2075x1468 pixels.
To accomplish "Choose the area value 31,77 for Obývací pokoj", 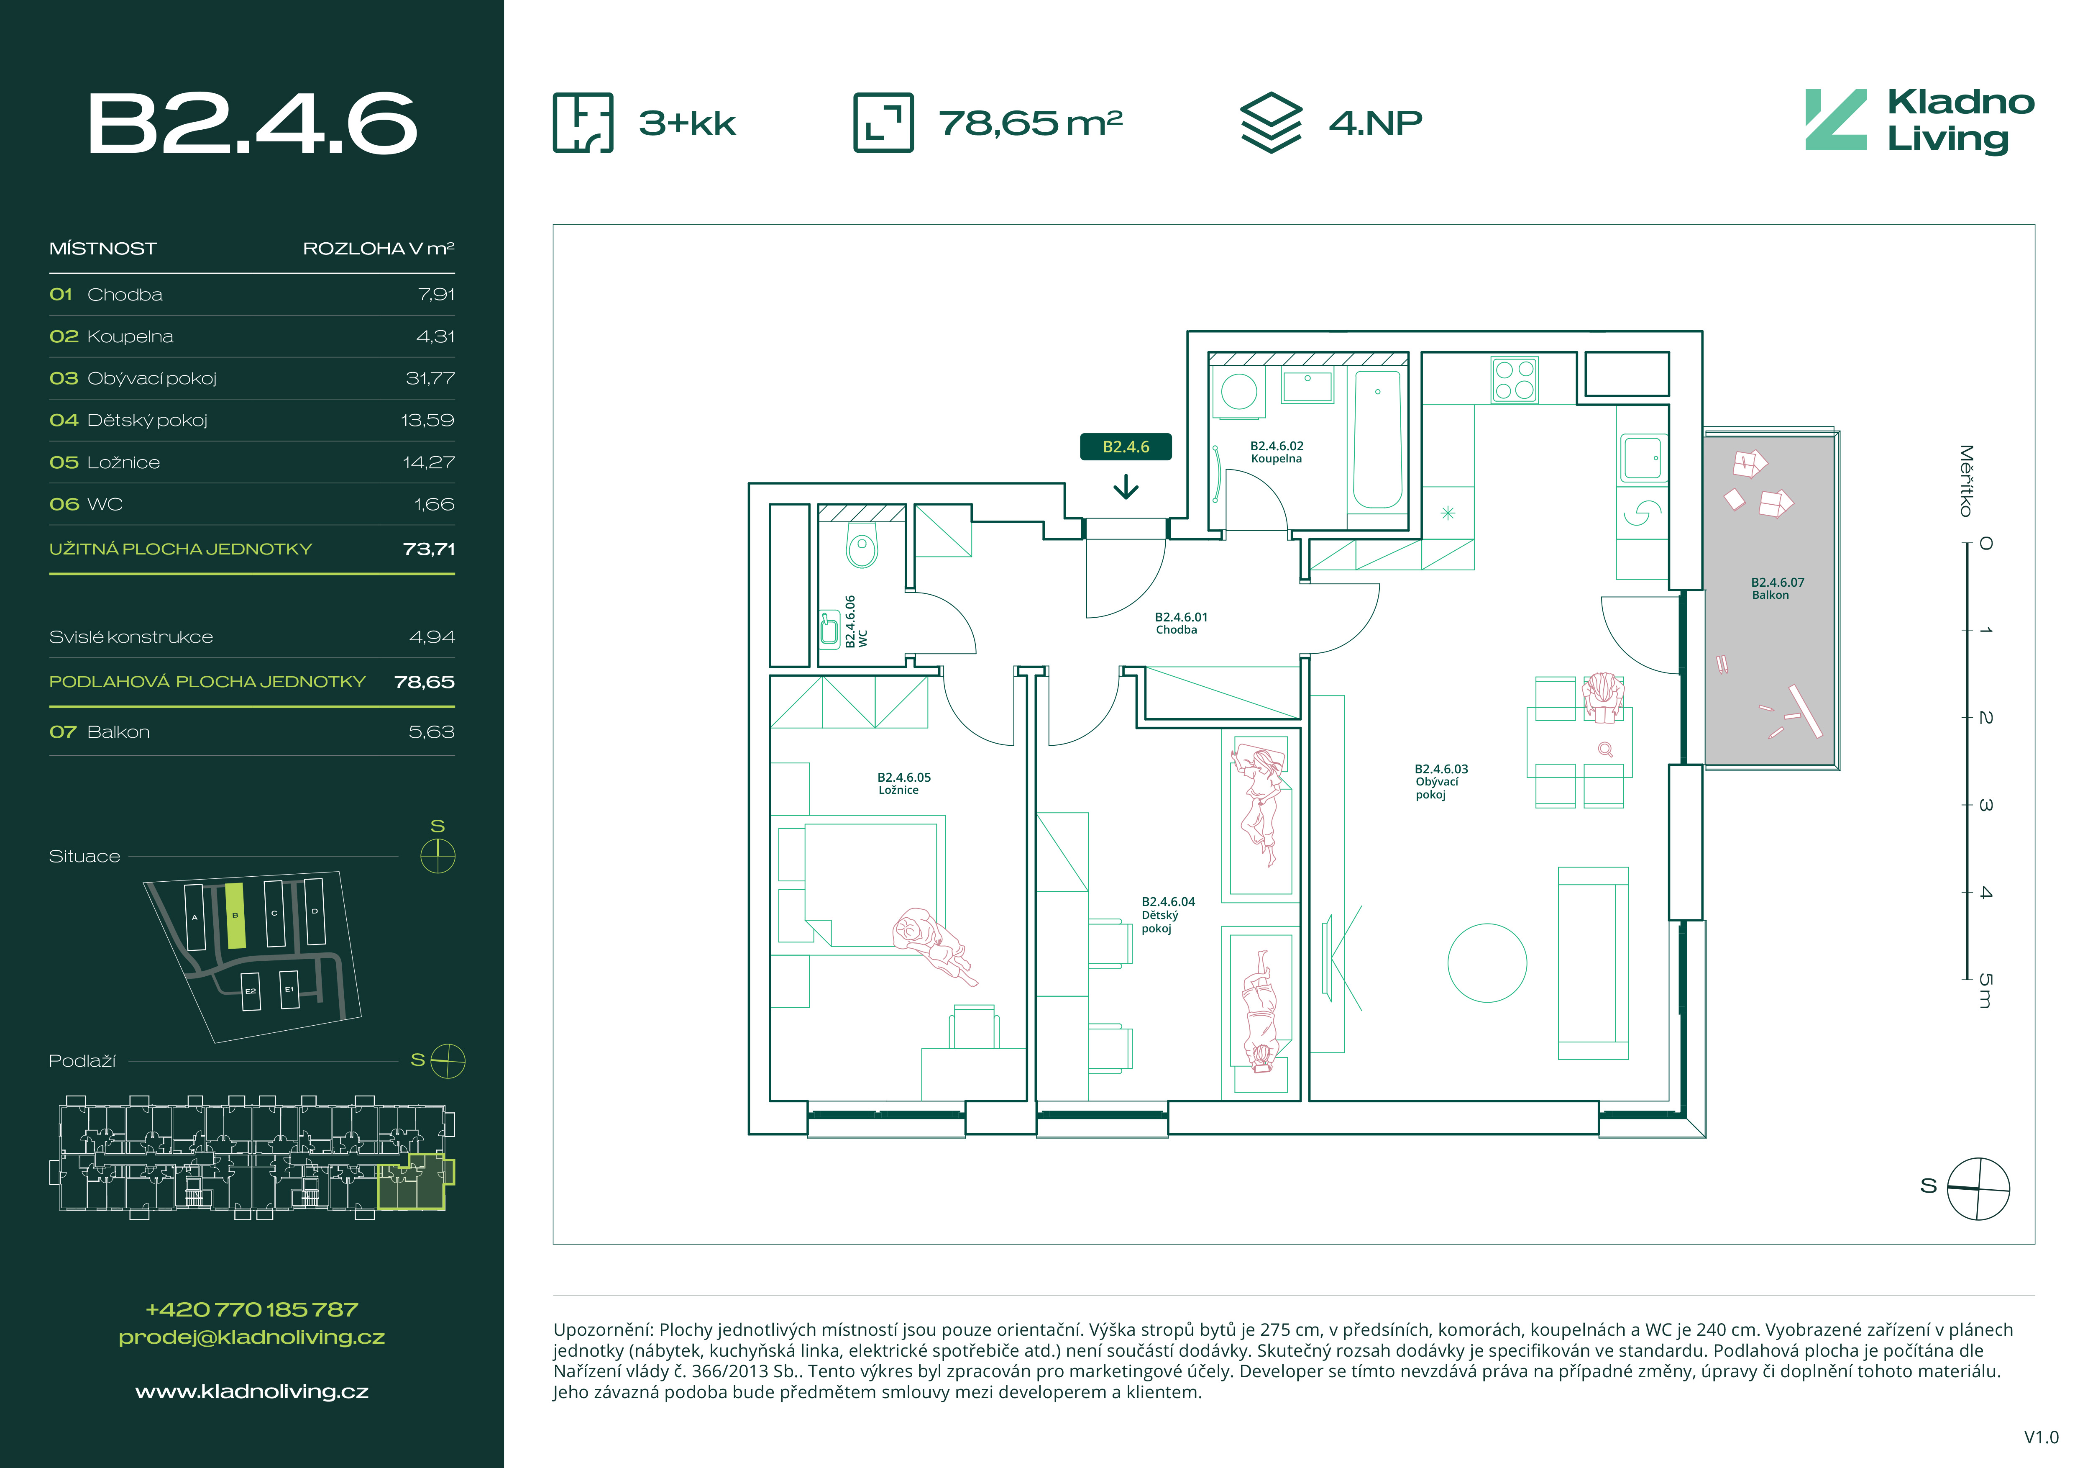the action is pyautogui.click(x=430, y=378).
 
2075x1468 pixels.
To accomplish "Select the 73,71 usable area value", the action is pyautogui.click(x=429, y=549).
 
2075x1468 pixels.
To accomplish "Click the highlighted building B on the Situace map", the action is pyautogui.click(x=235, y=916).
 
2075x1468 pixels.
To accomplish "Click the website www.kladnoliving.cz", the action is pyautogui.click(x=252, y=1391).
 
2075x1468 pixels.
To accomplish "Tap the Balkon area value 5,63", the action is pyautogui.click(x=431, y=732).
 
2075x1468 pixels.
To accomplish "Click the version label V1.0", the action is pyautogui.click(x=2041, y=1437).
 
